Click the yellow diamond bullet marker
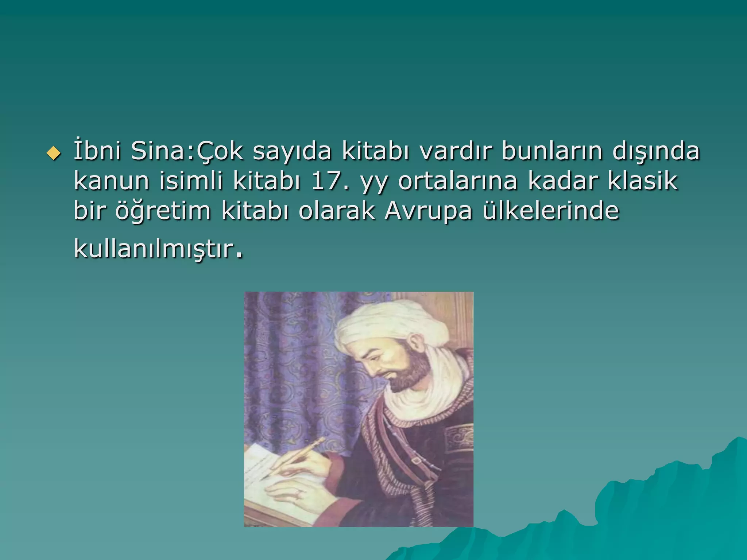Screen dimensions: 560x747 pos(53,154)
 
